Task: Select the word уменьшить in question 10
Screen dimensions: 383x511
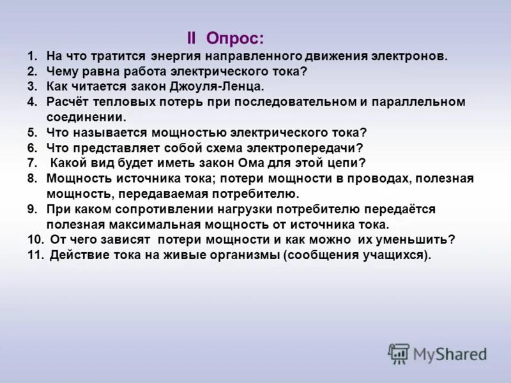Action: (420, 240)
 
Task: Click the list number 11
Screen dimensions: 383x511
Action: (34, 255)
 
